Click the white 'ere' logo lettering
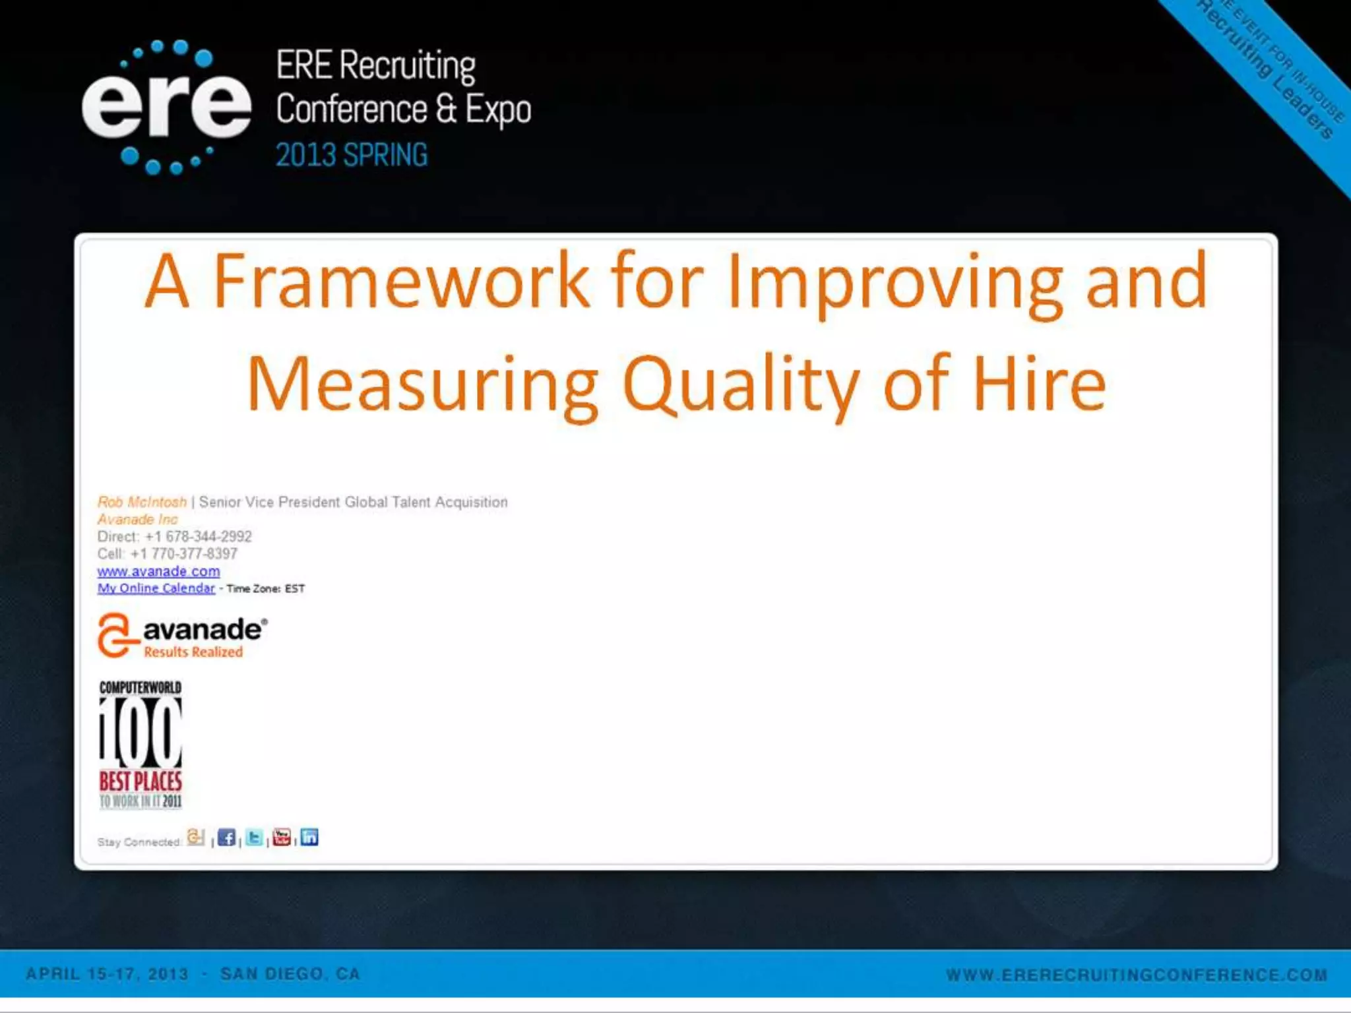(x=166, y=106)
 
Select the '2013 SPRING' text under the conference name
(x=351, y=156)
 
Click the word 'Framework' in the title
(x=401, y=281)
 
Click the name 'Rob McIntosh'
(x=142, y=502)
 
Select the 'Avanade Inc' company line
(x=137, y=519)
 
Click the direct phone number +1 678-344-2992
(x=198, y=536)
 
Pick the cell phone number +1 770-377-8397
(x=184, y=553)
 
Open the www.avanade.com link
(x=158, y=571)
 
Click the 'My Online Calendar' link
(x=156, y=588)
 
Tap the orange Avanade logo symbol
(x=115, y=634)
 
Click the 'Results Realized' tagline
(x=193, y=652)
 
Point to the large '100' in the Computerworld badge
(x=140, y=732)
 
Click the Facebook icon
(x=226, y=838)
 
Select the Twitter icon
(x=254, y=838)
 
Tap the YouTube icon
(x=282, y=838)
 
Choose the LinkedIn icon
(x=309, y=838)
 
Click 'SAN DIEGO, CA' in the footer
(x=290, y=974)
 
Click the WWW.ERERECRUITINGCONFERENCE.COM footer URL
(x=1136, y=975)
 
